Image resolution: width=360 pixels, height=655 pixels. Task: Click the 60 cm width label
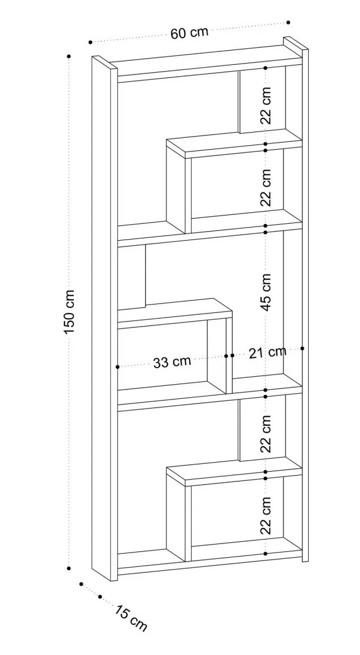tap(189, 32)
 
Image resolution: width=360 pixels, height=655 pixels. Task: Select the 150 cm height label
tap(69, 312)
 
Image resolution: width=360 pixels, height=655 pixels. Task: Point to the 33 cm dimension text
tap(172, 361)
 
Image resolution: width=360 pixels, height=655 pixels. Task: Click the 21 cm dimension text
tap(267, 353)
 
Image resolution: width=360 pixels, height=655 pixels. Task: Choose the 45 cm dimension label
tap(266, 291)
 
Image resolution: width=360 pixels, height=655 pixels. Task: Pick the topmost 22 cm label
tap(266, 105)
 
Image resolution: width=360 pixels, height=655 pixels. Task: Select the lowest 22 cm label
tap(266, 515)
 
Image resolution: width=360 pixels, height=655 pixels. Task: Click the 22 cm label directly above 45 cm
tap(266, 187)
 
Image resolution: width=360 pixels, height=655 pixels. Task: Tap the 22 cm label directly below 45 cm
tap(266, 434)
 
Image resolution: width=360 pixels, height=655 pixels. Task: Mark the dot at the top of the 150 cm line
tap(69, 56)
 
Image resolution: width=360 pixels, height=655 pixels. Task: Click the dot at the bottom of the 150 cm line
tap(69, 568)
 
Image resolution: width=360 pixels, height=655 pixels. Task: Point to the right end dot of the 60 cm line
tap(288, 22)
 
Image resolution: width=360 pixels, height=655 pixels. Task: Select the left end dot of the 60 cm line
tap(90, 42)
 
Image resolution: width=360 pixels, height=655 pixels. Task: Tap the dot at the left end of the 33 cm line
tap(118, 367)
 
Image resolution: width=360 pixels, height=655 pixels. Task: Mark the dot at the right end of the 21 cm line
tap(303, 348)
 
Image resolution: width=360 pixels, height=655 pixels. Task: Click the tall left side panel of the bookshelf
tap(104, 319)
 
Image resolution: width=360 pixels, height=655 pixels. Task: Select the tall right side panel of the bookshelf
tap(305, 307)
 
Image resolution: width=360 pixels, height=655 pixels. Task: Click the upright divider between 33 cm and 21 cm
tap(229, 356)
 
